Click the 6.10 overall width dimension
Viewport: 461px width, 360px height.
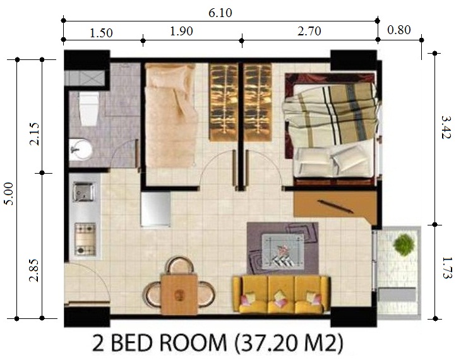(x=220, y=13)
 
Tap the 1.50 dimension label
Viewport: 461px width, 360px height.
(x=101, y=33)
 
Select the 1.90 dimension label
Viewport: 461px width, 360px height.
(x=181, y=31)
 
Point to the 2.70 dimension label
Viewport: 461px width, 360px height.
(x=309, y=31)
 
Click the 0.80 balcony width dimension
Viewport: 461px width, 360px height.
(x=399, y=30)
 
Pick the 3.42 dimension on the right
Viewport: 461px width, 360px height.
(x=446, y=128)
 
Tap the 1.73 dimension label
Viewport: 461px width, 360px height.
(x=446, y=268)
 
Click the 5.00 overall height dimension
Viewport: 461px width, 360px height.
(x=9, y=193)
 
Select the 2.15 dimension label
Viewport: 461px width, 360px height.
(x=34, y=134)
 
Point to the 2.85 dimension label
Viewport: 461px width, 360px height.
(x=34, y=270)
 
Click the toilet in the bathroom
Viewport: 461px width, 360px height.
(x=88, y=109)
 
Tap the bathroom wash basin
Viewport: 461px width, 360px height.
(x=80, y=150)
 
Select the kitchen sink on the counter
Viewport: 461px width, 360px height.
(x=84, y=192)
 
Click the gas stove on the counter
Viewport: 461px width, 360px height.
(x=85, y=239)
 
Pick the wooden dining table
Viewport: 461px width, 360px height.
(x=179, y=294)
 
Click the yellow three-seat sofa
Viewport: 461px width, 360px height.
(x=281, y=294)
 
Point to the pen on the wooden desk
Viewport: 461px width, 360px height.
(x=335, y=206)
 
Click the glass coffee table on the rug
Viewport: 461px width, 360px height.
(x=283, y=251)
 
